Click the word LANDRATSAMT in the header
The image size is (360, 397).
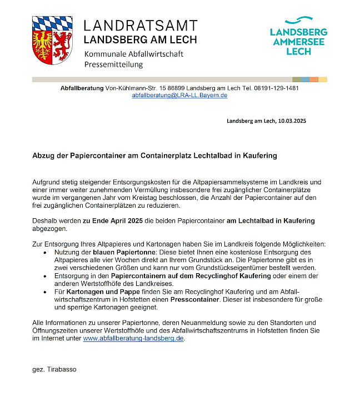pos(140,26)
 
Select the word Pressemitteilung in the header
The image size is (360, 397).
pos(113,64)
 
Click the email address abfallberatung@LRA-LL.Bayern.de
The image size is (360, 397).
pos(179,96)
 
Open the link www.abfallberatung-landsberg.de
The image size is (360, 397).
pos(133,338)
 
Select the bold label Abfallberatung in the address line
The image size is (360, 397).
pos(82,88)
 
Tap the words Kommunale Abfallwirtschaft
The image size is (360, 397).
pos(133,54)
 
